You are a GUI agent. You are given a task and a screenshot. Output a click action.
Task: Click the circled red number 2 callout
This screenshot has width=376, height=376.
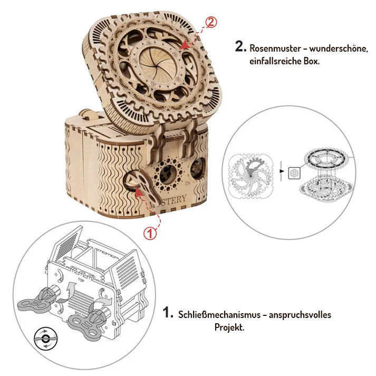[x=211, y=23]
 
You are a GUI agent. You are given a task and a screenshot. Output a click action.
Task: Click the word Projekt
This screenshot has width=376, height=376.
[x=229, y=327]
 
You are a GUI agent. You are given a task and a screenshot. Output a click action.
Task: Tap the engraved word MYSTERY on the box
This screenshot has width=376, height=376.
[x=168, y=200]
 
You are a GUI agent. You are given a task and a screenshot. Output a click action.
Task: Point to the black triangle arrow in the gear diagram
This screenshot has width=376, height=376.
[x=283, y=171]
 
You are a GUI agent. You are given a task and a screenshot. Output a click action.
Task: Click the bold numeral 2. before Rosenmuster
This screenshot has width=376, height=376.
[x=240, y=46]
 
